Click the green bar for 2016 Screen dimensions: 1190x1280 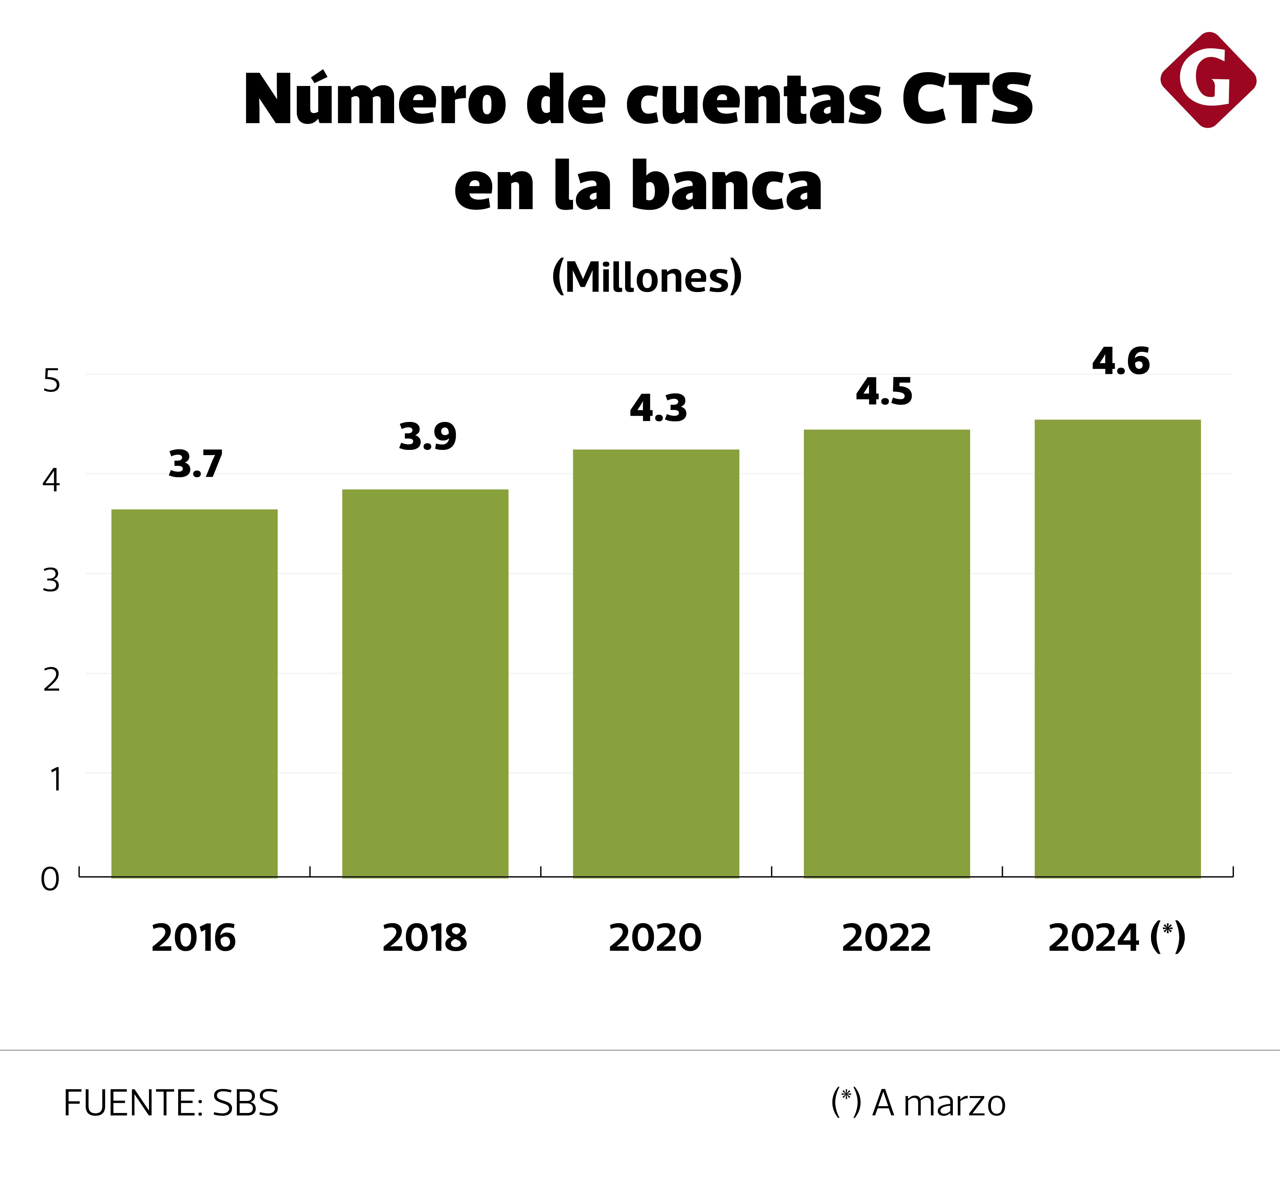(194, 693)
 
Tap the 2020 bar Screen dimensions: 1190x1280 (656, 663)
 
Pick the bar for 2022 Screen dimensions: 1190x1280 (887, 653)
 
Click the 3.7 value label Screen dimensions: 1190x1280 (195, 464)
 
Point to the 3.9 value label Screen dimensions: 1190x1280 (428, 436)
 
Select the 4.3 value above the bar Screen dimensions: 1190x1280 (658, 408)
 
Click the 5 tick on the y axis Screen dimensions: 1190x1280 (52, 381)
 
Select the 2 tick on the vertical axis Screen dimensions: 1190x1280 (52, 680)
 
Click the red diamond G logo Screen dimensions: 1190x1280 (1208, 80)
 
